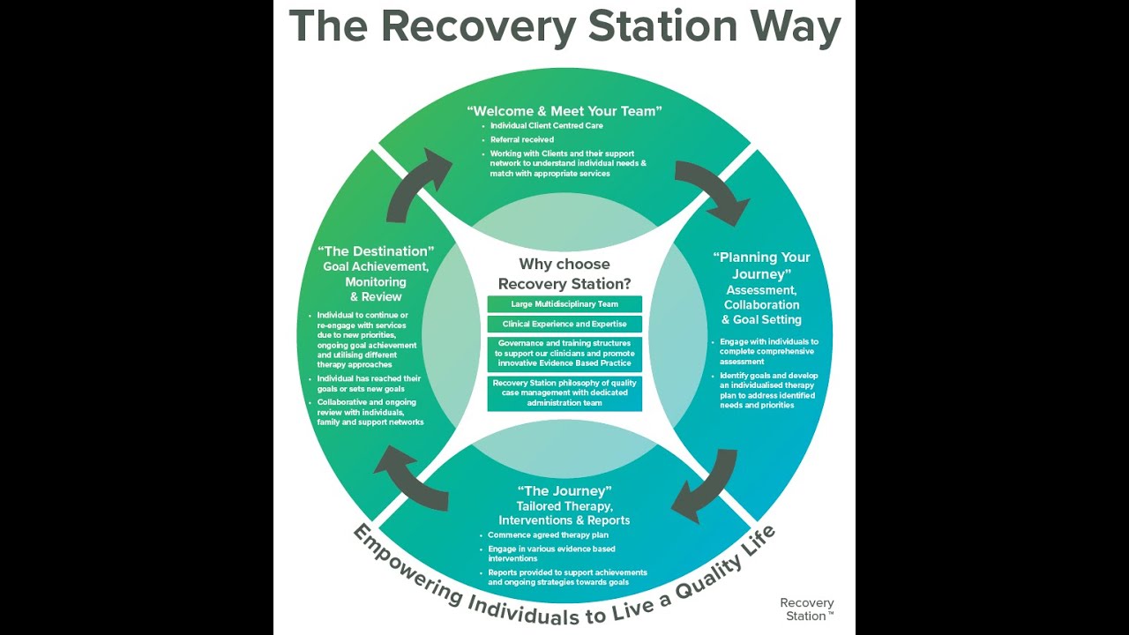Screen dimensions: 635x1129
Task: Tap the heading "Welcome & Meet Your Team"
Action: coord(564,111)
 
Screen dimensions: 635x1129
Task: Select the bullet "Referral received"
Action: coord(522,139)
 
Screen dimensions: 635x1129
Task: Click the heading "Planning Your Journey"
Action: coord(760,265)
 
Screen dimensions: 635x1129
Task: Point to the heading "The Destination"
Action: coord(377,251)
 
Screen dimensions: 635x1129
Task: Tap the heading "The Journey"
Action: coord(564,491)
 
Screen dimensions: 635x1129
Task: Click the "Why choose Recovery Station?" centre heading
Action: coord(564,273)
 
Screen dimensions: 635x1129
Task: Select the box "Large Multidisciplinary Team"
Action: coord(564,304)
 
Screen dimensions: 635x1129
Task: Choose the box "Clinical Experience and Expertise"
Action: coord(564,324)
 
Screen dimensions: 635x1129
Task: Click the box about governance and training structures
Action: coord(564,353)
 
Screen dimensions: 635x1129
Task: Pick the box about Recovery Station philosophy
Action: coord(564,393)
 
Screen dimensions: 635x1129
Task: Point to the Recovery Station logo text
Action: coord(806,609)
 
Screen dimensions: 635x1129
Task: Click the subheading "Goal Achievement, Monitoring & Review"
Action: coord(376,281)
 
